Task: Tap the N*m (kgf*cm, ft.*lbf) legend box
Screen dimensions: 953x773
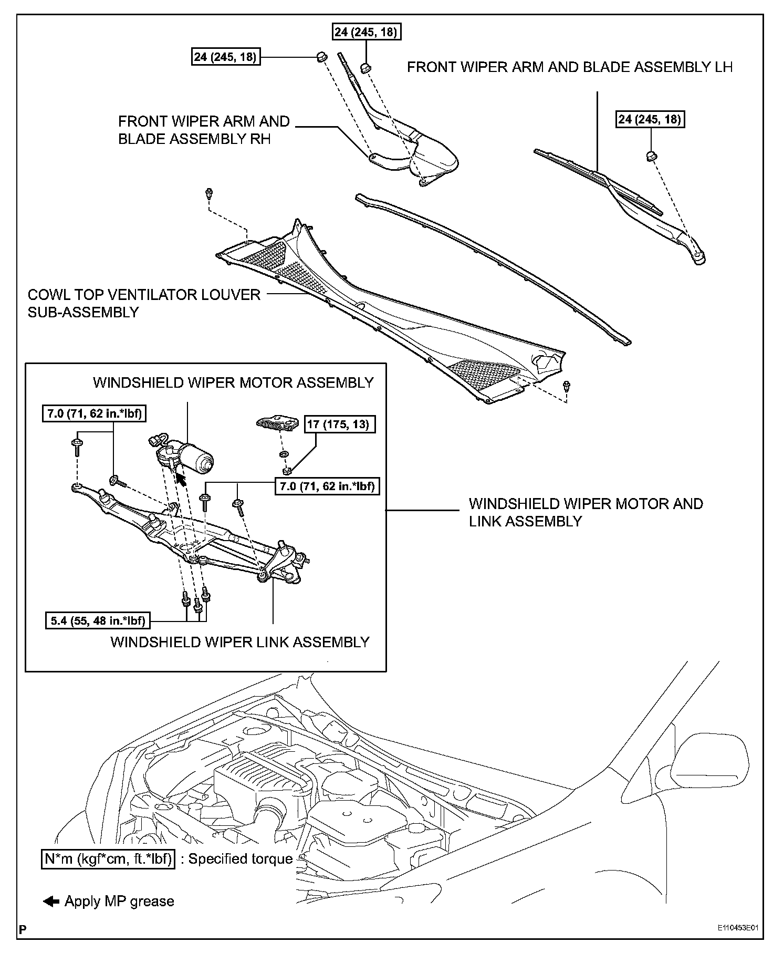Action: pos(108,858)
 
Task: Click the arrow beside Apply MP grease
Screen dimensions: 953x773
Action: pos(51,901)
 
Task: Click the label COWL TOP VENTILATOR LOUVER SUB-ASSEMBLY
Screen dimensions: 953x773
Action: pos(144,303)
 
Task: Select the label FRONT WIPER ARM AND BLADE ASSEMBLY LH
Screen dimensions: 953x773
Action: pos(570,67)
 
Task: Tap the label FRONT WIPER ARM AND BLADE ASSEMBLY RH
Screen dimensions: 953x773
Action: pos(204,130)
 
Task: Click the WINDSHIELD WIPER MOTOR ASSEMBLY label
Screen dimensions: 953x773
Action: pos(233,382)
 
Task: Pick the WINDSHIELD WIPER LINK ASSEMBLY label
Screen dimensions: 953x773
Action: pos(240,642)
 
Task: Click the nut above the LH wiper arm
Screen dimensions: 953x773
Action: pos(651,156)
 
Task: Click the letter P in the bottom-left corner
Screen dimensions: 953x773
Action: pos(22,928)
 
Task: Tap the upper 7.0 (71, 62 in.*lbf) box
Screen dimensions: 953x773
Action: pos(93,413)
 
